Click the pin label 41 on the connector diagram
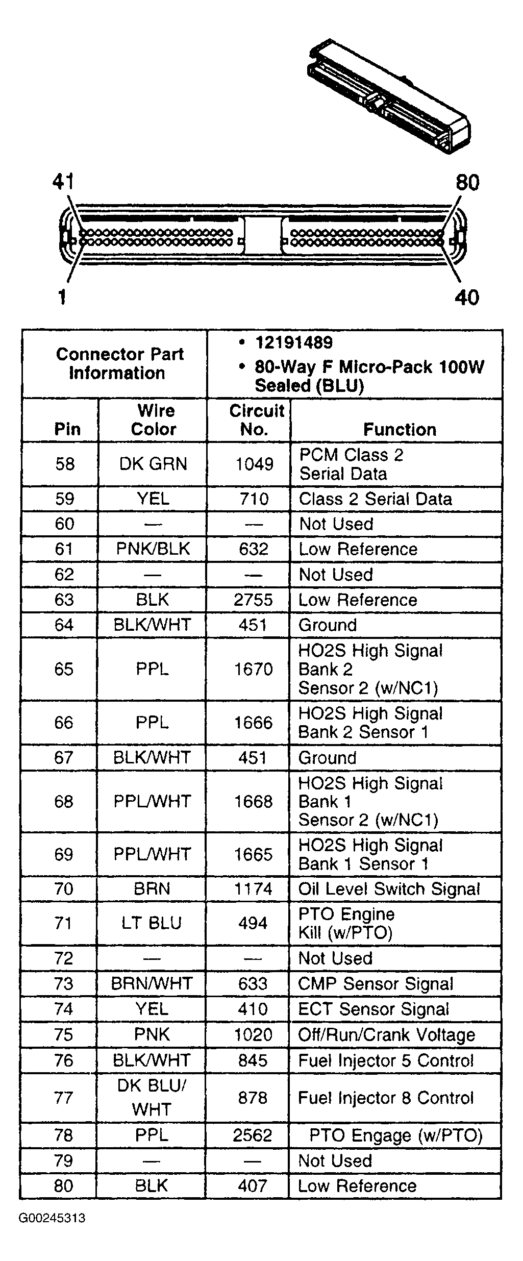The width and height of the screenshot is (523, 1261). [63, 182]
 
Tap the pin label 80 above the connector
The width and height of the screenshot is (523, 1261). [467, 183]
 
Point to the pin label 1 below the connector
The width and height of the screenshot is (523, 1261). [62, 296]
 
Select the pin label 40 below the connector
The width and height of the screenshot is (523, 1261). [467, 297]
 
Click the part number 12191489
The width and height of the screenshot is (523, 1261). [293, 343]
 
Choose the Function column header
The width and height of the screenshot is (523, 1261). [400, 430]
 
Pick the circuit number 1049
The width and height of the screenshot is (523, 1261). [254, 464]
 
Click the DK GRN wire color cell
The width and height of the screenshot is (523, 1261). [153, 464]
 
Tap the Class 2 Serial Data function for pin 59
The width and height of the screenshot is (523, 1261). [375, 499]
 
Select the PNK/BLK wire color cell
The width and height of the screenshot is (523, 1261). [153, 549]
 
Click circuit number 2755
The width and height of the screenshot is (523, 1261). [254, 600]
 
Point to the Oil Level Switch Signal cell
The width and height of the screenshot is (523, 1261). [389, 889]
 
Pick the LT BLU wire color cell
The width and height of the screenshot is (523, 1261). [152, 923]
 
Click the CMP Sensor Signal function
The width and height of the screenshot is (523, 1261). [376, 984]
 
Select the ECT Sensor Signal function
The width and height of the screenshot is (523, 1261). [373, 1009]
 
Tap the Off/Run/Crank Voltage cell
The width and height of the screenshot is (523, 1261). [386, 1034]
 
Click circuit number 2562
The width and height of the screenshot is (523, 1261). [253, 1135]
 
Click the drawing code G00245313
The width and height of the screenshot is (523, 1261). [52, 1218]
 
